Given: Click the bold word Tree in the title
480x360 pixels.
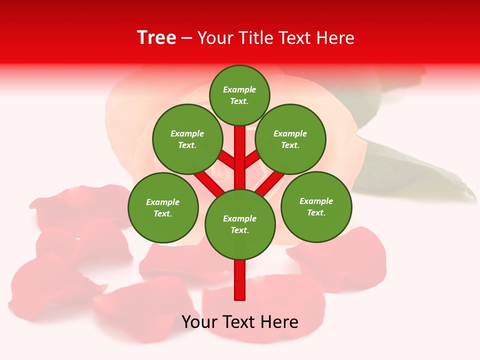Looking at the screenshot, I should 156,38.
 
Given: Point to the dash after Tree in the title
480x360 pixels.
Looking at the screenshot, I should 186,38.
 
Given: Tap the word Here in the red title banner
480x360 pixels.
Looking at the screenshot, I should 335,38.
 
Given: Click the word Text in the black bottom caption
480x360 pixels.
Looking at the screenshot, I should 240,322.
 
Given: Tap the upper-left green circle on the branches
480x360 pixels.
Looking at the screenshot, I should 187,139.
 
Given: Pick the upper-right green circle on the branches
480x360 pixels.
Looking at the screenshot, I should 290,139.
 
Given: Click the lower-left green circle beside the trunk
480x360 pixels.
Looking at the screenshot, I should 163,207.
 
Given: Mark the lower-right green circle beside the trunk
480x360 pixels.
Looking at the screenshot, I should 316,206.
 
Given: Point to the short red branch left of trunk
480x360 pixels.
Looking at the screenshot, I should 226,160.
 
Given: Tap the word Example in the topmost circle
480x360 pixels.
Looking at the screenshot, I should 239,89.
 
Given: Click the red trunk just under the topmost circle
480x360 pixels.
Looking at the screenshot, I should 240,145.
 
